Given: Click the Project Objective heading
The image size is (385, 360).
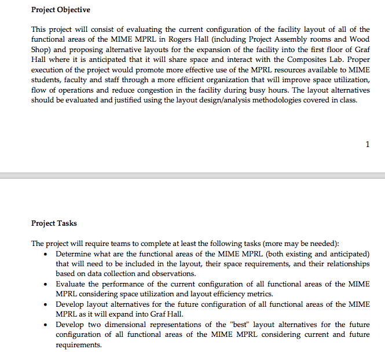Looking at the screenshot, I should pos(61,10).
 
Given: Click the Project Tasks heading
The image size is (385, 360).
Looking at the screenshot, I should pos(54,223).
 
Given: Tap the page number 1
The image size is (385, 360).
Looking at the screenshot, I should pos(368,144).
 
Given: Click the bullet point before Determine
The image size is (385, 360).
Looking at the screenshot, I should pos(46,255).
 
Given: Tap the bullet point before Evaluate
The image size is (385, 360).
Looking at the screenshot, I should pos(46,284).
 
